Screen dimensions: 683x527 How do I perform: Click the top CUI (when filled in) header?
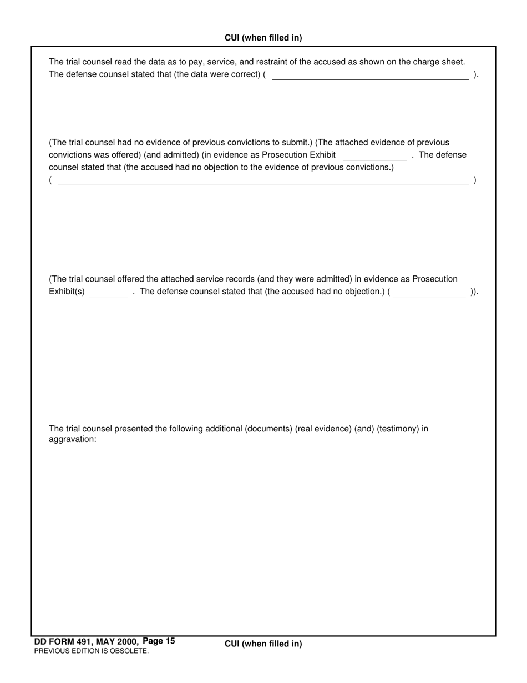[263, 38]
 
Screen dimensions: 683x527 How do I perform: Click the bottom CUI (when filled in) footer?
[263, 644]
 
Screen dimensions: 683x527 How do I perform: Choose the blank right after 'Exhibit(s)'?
[108, 293]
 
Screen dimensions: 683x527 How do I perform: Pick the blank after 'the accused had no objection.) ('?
[429, 293]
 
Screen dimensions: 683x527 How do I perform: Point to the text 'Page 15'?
[159, 641]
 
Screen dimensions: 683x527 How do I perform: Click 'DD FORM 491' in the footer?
[63, 641]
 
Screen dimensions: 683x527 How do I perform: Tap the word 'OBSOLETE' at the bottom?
[131, 651]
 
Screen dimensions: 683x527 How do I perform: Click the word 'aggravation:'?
[73, 439]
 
